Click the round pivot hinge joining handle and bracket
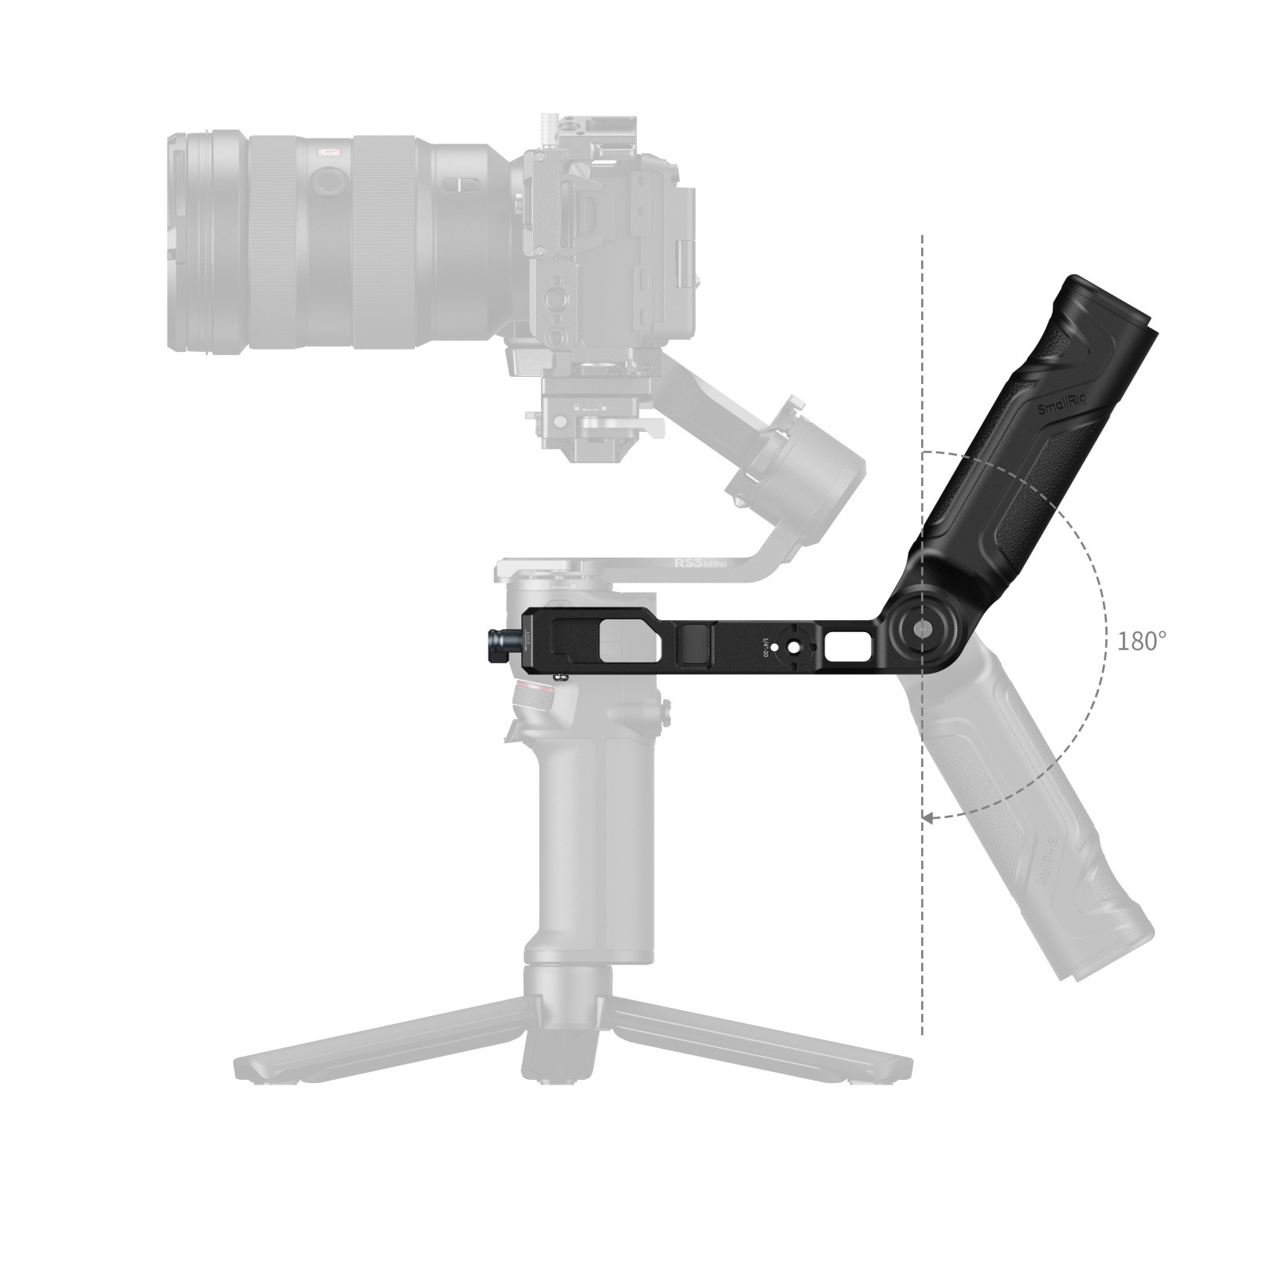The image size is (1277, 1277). (x=920, y=630)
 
